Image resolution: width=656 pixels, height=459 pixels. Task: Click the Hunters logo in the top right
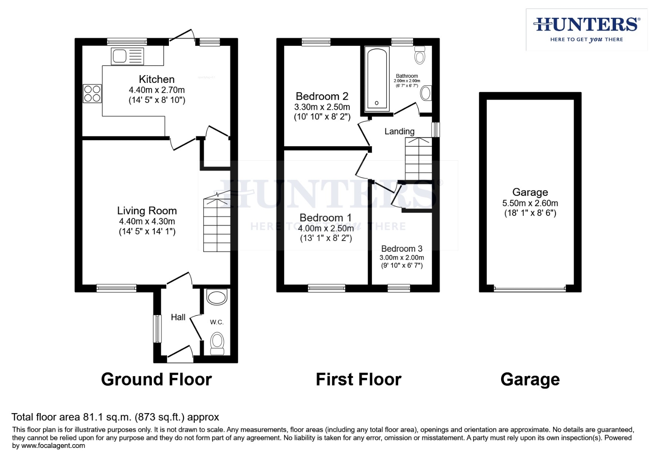pyautogui.click(x=586, y=29)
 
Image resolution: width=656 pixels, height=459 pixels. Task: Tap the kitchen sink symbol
pyautogui.click(x=127, y=56)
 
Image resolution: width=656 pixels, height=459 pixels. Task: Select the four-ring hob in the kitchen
pyautogui.click(x=92, y=93)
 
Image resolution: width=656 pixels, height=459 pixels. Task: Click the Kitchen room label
pyautogui.click(x=157, y=79)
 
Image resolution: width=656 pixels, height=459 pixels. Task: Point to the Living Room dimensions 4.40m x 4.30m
pyautogui.click(x=147, y=221)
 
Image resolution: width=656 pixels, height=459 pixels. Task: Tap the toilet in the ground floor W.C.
pyautogui.click(x=217, y=342)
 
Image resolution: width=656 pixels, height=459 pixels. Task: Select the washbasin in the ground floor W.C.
pyautogui.click(x=217, y=297)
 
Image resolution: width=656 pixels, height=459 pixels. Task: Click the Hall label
pyautogui.click(x=178, y=317)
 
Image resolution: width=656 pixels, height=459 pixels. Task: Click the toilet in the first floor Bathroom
pyautogui.click(x=420, y=55)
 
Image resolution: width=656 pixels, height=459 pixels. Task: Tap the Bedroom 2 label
pyautogui.click(x=322, y=96)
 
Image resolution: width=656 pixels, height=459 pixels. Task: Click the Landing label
pyautogui.click(x=399, y=131)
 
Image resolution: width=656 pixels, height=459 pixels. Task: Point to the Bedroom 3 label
pyautogui.click(x=402, y=249)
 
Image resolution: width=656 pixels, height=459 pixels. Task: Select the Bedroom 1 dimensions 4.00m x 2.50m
pyautogui.click(x=325, y=228)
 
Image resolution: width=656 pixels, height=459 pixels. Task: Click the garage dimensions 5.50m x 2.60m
pyautogui.click(x=530, y=203)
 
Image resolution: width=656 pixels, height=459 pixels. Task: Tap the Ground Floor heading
pyautogui.click(x=156, y=379)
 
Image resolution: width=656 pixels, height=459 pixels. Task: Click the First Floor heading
pyautogui.click(x=358, y=379)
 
